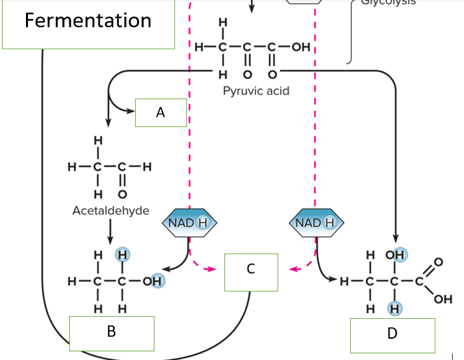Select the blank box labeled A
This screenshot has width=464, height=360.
pos(160,113)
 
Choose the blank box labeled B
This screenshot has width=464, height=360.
pos(112,331)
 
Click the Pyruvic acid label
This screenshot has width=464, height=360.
pos(256,90)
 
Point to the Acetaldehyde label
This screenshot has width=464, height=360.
pos(111,211)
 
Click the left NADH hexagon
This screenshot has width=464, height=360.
pos(190,222)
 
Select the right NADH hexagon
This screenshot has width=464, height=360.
pos(316,222)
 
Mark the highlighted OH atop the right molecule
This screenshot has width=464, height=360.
pos(400,255)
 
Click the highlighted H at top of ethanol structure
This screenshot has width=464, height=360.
pos(122,254)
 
